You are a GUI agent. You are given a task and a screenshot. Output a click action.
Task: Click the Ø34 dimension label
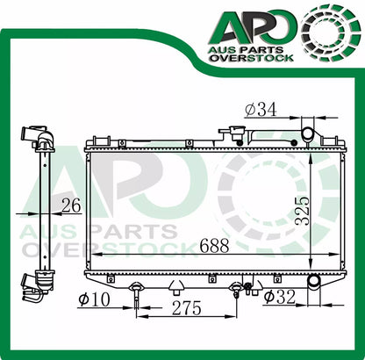261,111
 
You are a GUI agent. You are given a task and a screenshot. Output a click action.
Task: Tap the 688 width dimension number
214,245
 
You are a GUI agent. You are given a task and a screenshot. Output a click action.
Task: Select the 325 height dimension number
302,211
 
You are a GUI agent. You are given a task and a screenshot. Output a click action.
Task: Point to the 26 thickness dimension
71,205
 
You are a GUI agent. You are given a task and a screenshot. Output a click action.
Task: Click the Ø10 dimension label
95,299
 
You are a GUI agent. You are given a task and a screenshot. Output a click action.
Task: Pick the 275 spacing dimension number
187,308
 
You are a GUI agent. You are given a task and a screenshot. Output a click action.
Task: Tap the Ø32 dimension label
280,297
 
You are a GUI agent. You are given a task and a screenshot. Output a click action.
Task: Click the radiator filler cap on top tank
235,132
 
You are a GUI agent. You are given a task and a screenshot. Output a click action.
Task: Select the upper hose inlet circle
308,133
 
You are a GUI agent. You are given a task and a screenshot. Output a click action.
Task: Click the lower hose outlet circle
314,280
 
